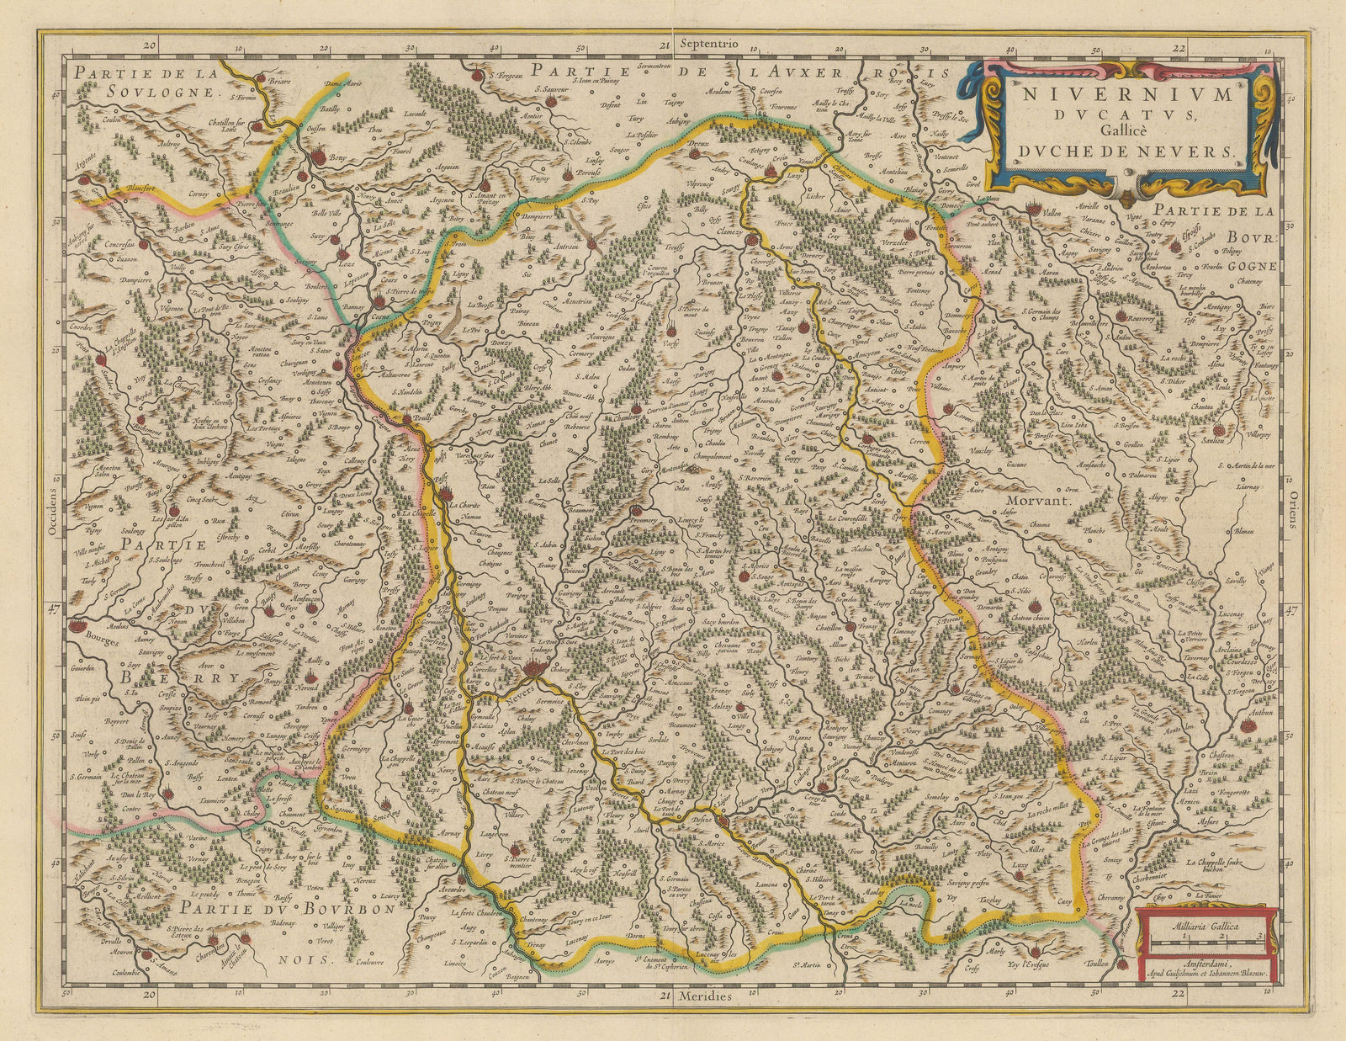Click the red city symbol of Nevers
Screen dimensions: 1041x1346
tap(532, 670)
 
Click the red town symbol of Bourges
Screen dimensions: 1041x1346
tap(77, 625)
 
